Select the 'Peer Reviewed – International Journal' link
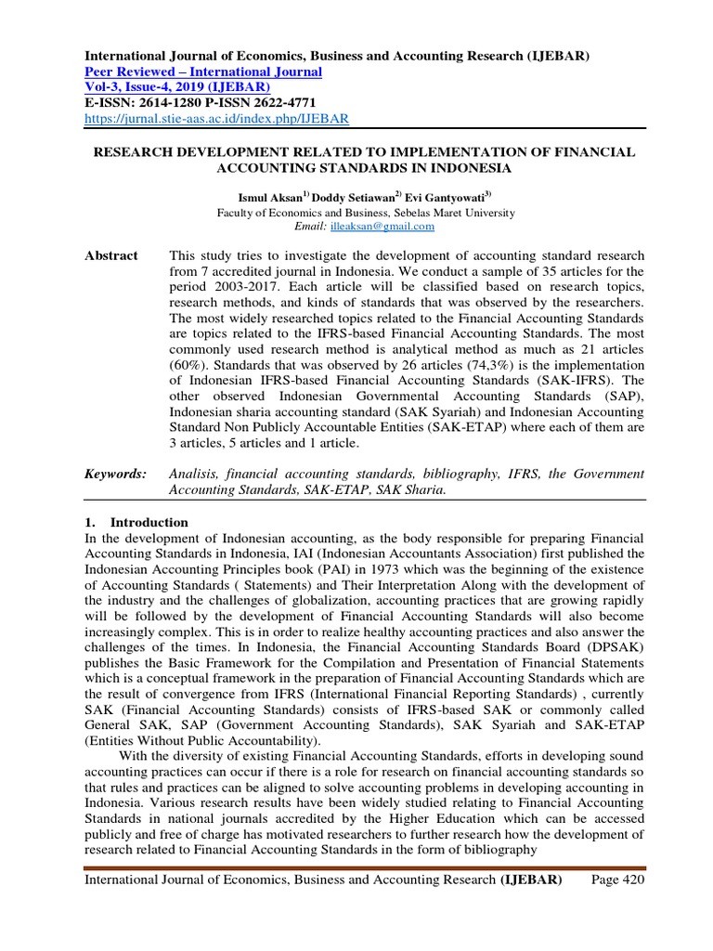point(203,72)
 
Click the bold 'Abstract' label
point(111,255)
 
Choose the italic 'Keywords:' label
point(115,474)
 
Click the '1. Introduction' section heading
point(136,522)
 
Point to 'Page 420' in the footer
point(617,879)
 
